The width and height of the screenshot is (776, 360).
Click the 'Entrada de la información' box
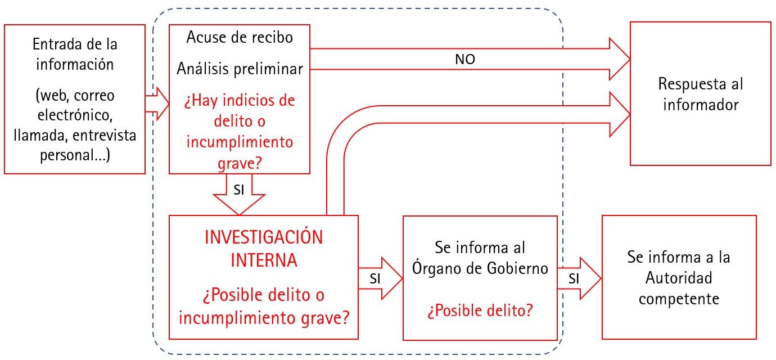pyautogui.click(x=75, y=99)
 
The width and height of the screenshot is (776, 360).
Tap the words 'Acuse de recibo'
pyautogui.click(x=240, y=38)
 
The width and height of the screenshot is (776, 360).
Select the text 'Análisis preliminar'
pyautogui.click(x=240, y=69)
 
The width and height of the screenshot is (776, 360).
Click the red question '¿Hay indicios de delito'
pyautogui.click(x=240, y=111)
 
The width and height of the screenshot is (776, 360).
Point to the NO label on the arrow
pyautogui.click(x=465, y=59)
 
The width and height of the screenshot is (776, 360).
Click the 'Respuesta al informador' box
pyautogui.click(x=700, y=93)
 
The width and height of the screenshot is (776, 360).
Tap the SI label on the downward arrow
pyautogui.click(x=238, y=190)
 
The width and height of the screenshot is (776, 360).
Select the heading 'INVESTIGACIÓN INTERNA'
pyautogui.click(x=263, y=249)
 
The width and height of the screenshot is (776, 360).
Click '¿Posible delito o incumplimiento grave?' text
pyautogui.click(x=263, y=306)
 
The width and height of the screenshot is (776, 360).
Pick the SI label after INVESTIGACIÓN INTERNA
pyautogui.click(x=376, y=278)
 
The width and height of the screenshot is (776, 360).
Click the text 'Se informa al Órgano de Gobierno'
pyautogui.click(x=480, y=258)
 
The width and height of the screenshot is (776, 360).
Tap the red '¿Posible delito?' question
pyautogui.click(x=480, y=310)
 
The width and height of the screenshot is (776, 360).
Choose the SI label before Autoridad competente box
pyautogui.click(x=574, y=278)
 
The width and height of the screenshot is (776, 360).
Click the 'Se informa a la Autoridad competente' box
pyautogui.click(x=679, y=277)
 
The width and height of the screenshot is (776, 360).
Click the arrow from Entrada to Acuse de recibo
pyautogui.click(x=157, y=103)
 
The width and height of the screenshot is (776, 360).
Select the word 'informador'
pyautogui.click(x=701, y=105)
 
